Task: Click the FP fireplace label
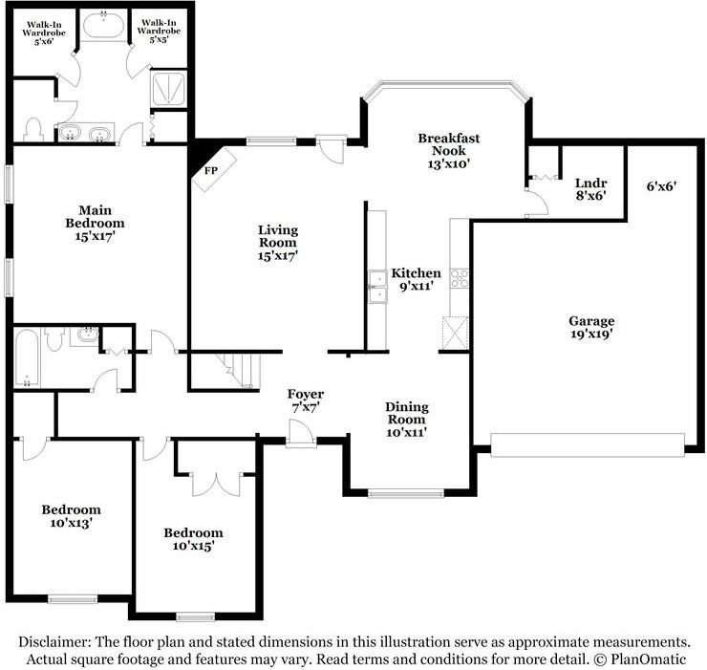point(211,170)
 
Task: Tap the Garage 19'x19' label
point(591,327)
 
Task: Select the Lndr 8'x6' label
point(590,189)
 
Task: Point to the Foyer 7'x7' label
point(306,400)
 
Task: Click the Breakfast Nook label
point(449,151)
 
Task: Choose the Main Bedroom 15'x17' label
point(96,223)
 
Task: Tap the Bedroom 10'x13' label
point(72,516)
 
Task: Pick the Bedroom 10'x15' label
point(193,539)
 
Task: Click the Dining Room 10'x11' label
point(407,420)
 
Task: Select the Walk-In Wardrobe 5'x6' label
point(44,33)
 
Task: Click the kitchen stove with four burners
point(459,278)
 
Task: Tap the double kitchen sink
point(377,287)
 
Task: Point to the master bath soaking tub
point(104,26)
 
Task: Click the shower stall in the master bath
point(168,89)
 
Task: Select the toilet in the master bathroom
point(33,129)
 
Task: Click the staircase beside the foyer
point(238,371)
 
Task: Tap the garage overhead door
point(588,445)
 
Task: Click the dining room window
point(406,494)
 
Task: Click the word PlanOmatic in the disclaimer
point(648,659)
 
